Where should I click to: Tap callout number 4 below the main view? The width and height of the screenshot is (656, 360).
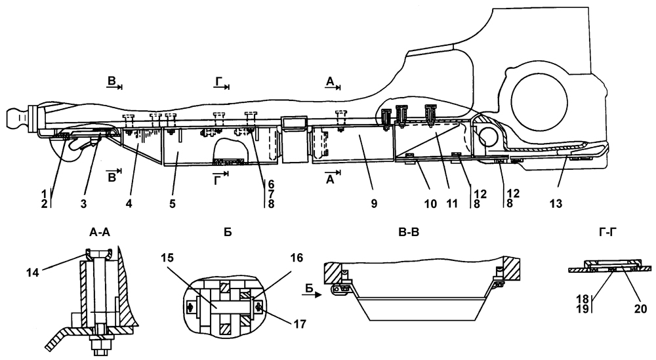[129, 204]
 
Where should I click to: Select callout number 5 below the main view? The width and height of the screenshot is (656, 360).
[173, 204]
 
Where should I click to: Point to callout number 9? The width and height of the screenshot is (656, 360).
[374, 204]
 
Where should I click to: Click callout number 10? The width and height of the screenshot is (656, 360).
[430, 204]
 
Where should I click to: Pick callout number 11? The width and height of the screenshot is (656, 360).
[452, 204]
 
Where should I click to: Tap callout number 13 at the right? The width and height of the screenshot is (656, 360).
[556, 204]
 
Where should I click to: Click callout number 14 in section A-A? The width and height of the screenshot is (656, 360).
[32, 273]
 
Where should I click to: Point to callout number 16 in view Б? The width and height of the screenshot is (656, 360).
[297, 258]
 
